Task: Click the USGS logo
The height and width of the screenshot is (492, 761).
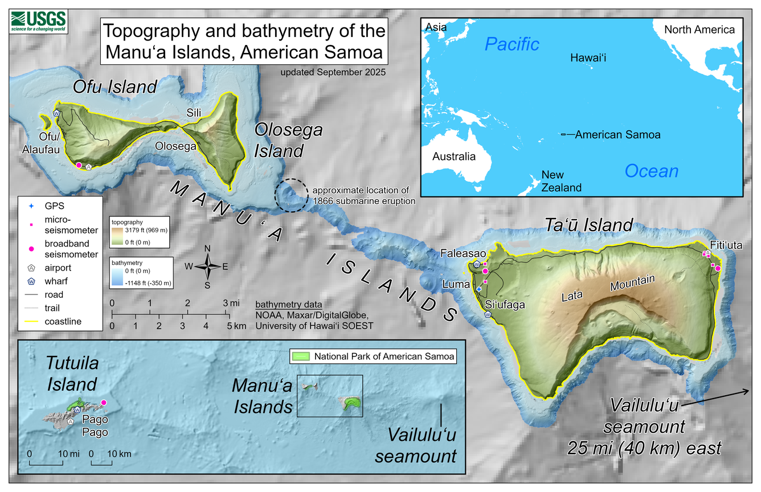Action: pyautogui.click(x=38, y=22)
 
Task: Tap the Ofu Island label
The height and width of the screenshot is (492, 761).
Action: pyautogui.click(x=114, y=87)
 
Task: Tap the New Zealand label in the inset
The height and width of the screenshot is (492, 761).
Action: pyautogui.click(x=561, y=181)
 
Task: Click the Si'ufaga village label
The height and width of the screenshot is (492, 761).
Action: pyautogui.click(x=504, y=305)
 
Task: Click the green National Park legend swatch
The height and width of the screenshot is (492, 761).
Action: pyautogui.click(x=301, y=356)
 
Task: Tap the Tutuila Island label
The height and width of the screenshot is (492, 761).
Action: pyautogui.click(x=72, y=374)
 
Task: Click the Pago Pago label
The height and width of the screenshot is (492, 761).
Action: pyautogui.click(x=95, y=427)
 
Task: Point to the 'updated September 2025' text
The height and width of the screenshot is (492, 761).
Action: pyautogui.click(x=333, y=72)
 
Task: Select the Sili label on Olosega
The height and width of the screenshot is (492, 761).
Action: pyautogui.click(x=194, y=113)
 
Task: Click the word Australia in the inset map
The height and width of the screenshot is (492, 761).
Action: pyautogui.click(x=453, y=157)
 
